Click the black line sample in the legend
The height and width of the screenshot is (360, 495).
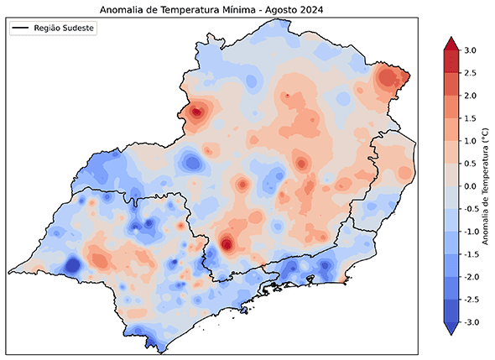tap(21, 29)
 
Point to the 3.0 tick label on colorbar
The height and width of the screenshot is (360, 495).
tap(470, 51)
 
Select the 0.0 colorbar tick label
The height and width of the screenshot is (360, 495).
tap(470, 186)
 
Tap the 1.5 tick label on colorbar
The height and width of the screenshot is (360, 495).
tap(470, 118)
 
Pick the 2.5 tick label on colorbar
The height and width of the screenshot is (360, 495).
tap(470, 74)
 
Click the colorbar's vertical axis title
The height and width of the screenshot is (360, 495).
tap(488, 186)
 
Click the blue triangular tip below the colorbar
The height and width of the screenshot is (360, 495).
tap(449, 328)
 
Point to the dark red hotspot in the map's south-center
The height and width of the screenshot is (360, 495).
tap(227, 244)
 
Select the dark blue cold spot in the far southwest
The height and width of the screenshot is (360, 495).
tap(71, 266)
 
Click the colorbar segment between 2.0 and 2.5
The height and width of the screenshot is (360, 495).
tap(449, 85)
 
